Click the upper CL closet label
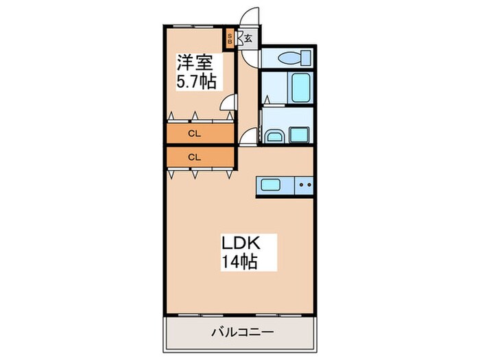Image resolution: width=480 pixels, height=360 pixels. [x=195, y=132]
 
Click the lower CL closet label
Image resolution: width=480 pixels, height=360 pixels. [x=195, y=157]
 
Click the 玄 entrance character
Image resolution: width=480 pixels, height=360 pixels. [x=248, y=38]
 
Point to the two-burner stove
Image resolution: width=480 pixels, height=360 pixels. [x=304, y=185]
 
